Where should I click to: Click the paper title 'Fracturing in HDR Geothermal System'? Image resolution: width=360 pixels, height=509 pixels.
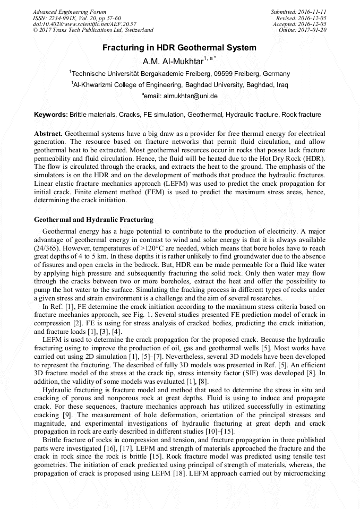coord(179,48)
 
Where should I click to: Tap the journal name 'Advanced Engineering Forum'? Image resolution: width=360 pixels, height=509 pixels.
coord(69,12)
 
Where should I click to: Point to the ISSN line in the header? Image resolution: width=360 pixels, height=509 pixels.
coord(76,18)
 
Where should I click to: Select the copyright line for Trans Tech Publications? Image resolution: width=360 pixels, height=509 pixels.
coord(93,31)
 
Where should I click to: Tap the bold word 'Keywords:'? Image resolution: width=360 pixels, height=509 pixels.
coord(51,115)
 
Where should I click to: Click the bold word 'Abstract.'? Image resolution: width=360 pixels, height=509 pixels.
coord(48,133)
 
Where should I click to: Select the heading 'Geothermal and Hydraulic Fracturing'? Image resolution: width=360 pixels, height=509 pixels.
coord(93,219)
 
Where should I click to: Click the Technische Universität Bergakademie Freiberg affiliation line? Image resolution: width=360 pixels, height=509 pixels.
coord(179,74)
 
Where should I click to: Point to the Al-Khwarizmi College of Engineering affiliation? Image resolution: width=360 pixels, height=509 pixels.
coord(179,84)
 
